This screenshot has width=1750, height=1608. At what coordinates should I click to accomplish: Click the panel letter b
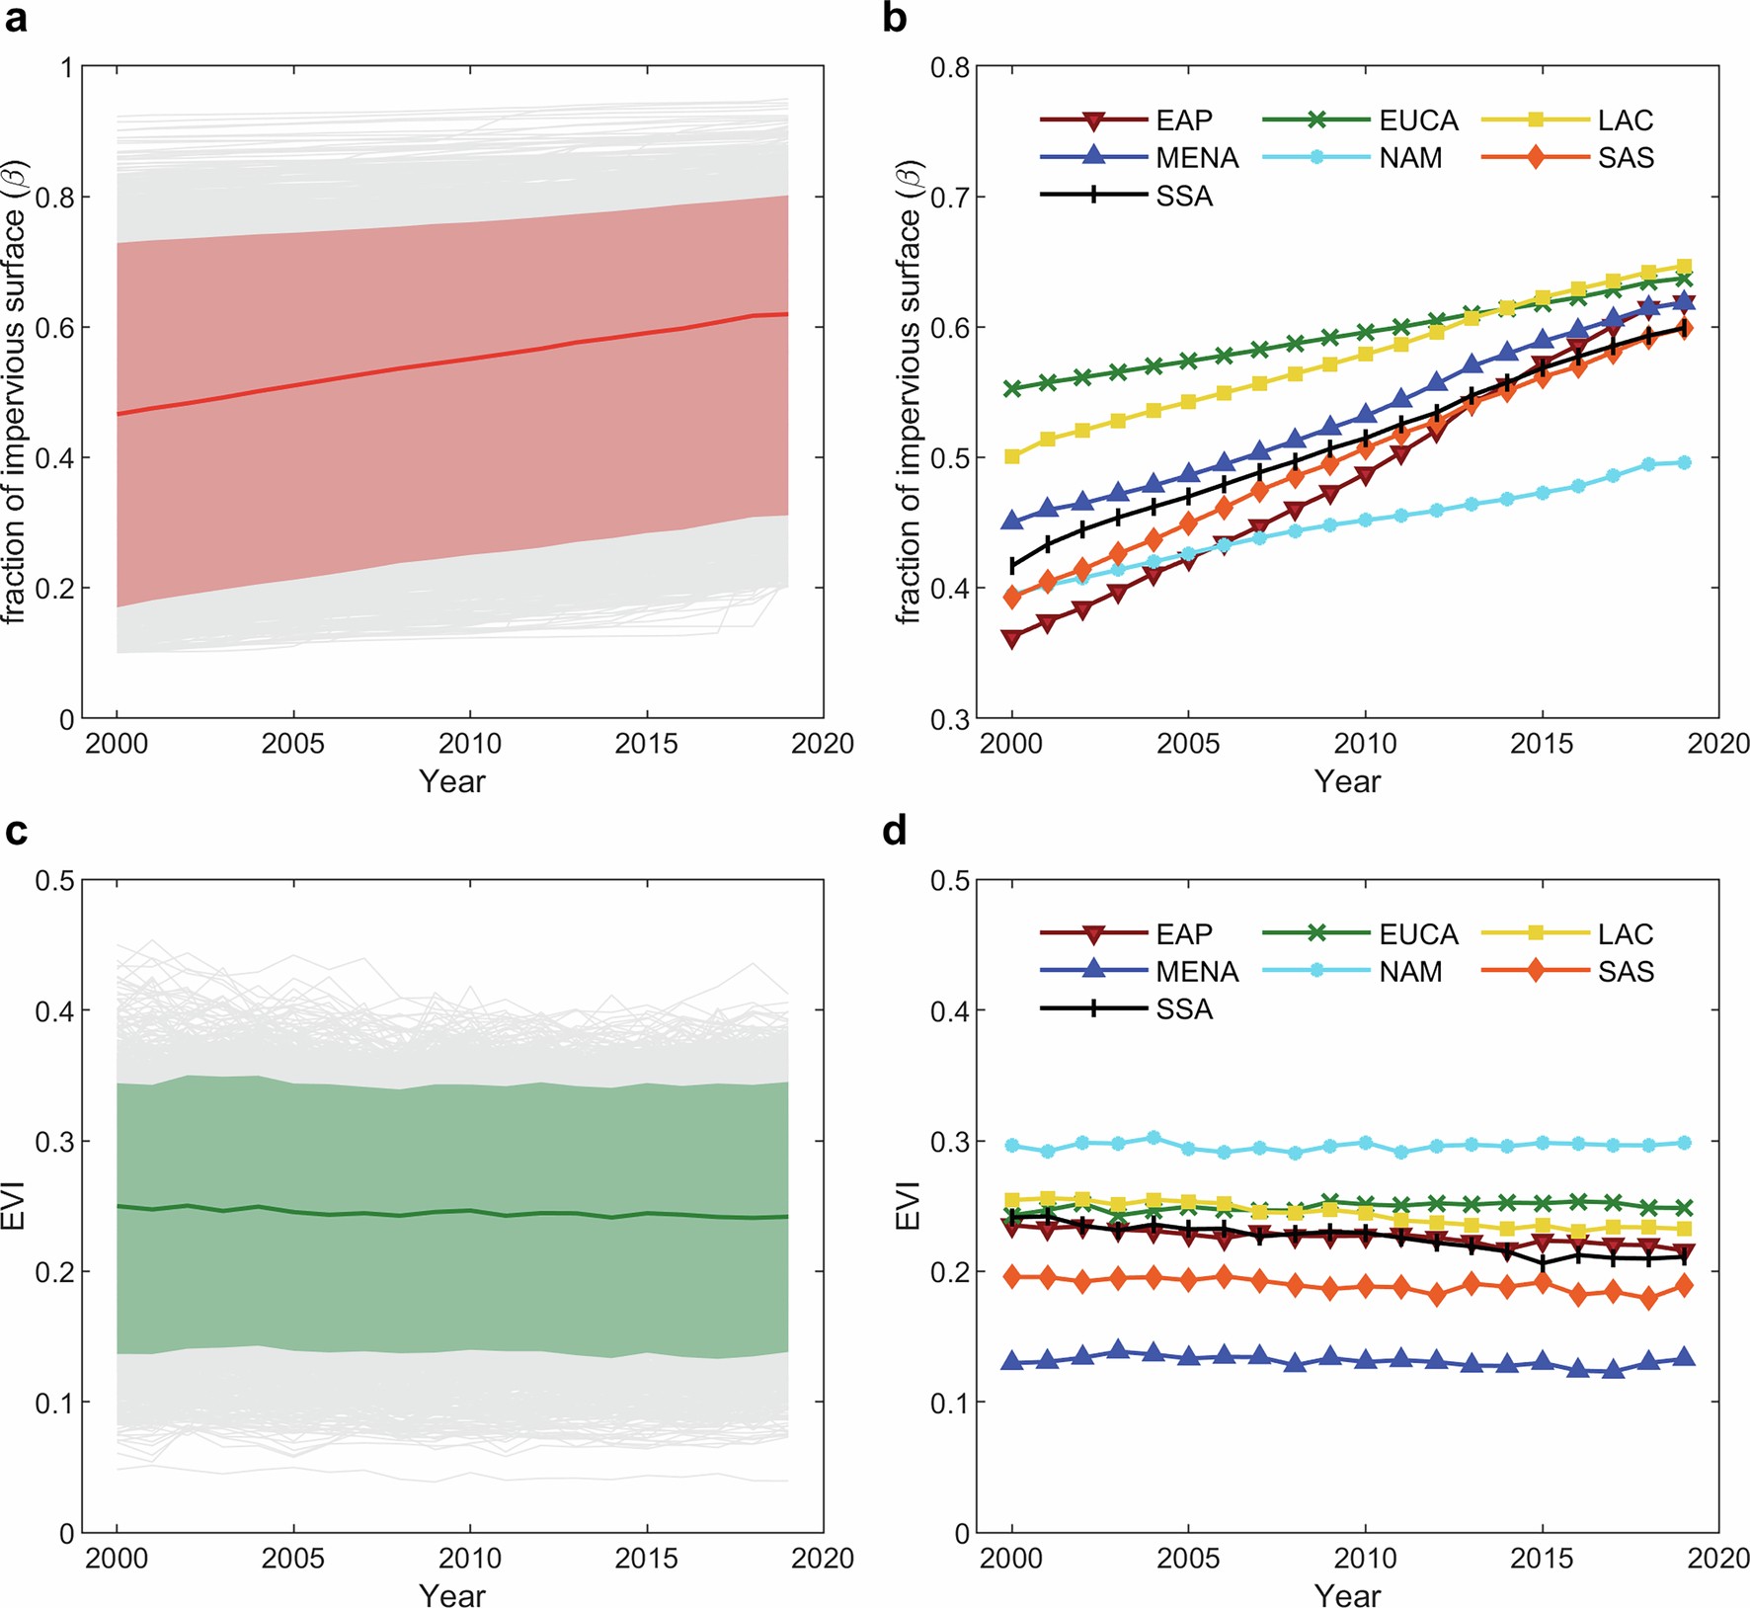point(894,19)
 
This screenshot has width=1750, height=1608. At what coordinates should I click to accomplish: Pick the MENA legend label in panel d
point(1196,972)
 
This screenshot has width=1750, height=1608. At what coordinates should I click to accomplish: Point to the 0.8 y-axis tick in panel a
point(54,198)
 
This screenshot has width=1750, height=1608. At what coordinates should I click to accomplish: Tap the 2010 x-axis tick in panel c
point(470,1559)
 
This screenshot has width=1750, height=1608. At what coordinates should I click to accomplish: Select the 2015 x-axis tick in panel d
point(1542,1559)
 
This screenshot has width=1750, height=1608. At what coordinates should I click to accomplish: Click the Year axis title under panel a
point(452,781)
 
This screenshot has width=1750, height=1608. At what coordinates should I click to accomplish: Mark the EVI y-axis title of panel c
point(14,1206)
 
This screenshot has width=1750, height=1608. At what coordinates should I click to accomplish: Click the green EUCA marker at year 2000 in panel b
point(1012,388)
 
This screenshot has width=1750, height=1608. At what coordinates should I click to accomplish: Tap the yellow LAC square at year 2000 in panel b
point(1012,456)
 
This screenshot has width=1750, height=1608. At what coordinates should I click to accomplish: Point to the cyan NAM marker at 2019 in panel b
point(1684,462)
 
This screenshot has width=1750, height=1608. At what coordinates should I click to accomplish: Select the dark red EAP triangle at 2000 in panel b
point(1012,639)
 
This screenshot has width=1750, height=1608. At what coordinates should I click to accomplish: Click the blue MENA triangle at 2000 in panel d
point(1012,1361)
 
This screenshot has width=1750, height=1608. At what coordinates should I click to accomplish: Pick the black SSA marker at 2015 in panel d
point(1543,1263)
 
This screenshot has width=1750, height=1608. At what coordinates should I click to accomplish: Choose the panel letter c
point(15,832)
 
